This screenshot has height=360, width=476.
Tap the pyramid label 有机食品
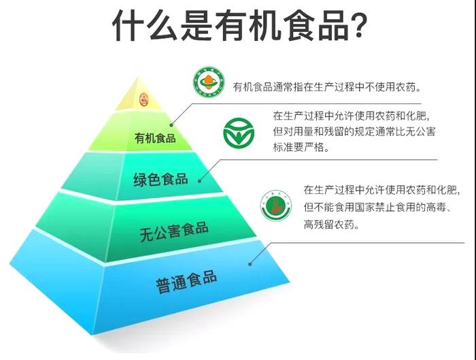(155, 138)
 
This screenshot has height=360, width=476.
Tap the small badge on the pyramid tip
(143, 100)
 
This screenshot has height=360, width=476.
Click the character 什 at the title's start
(130, 27)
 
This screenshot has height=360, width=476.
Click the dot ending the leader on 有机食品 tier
(172, 124)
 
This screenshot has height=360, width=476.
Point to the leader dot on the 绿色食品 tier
(202, 180)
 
